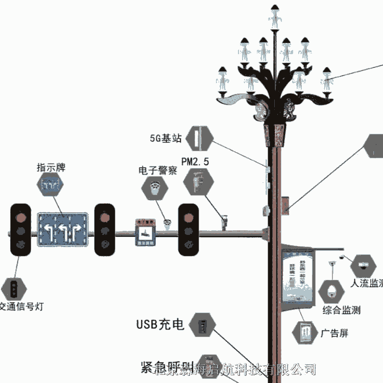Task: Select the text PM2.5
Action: (x=196, y=162)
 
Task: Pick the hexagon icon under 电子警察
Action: (x=155, y=188)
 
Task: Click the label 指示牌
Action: (x=51, y=167)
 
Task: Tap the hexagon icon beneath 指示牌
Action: (x=51, y=186)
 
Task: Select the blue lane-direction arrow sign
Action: (x=64, y=229)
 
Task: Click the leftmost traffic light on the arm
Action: (x=21, y=230)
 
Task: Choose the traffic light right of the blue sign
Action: (x=105, y=230)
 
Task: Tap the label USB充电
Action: (x=160, y=324)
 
